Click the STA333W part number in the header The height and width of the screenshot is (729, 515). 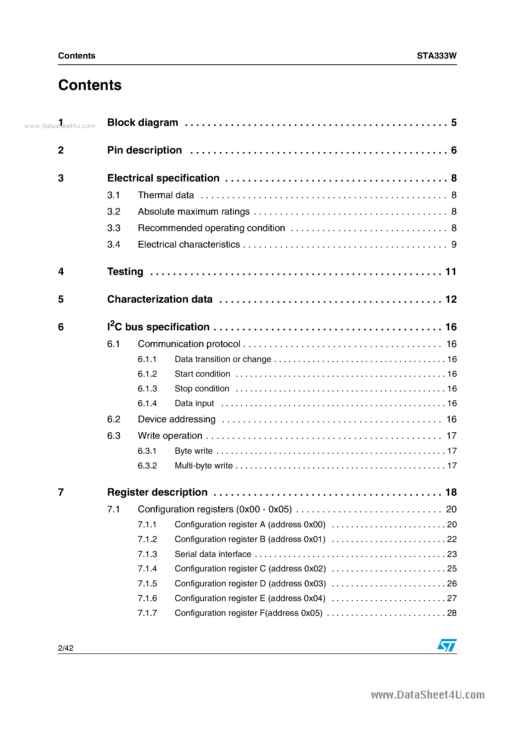point(436,56)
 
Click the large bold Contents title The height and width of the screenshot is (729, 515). point(90,85)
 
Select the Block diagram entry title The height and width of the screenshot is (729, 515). point(143,123)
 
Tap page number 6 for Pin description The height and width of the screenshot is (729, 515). point(453,150)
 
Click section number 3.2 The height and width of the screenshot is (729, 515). point(114,211)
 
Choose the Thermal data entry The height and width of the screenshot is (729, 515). point(166,195)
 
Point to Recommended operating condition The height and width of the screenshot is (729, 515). point(211,228)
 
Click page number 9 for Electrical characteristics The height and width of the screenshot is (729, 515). point(454,245)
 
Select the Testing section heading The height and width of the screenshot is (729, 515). point(125,272)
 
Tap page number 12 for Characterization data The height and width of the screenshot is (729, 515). point(451,299)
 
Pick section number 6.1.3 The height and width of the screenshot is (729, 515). point(147,389)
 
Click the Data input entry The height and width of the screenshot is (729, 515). point(194,403)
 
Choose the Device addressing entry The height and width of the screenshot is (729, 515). point(176,419)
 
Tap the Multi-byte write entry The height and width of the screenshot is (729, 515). point(203,465)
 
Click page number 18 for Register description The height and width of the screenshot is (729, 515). point(451,492)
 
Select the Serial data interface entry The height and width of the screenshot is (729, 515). point(213,554)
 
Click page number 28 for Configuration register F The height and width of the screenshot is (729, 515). point(451,613)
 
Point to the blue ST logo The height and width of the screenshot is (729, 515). point(447,645)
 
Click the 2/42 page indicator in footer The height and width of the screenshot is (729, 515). point(66,648)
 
